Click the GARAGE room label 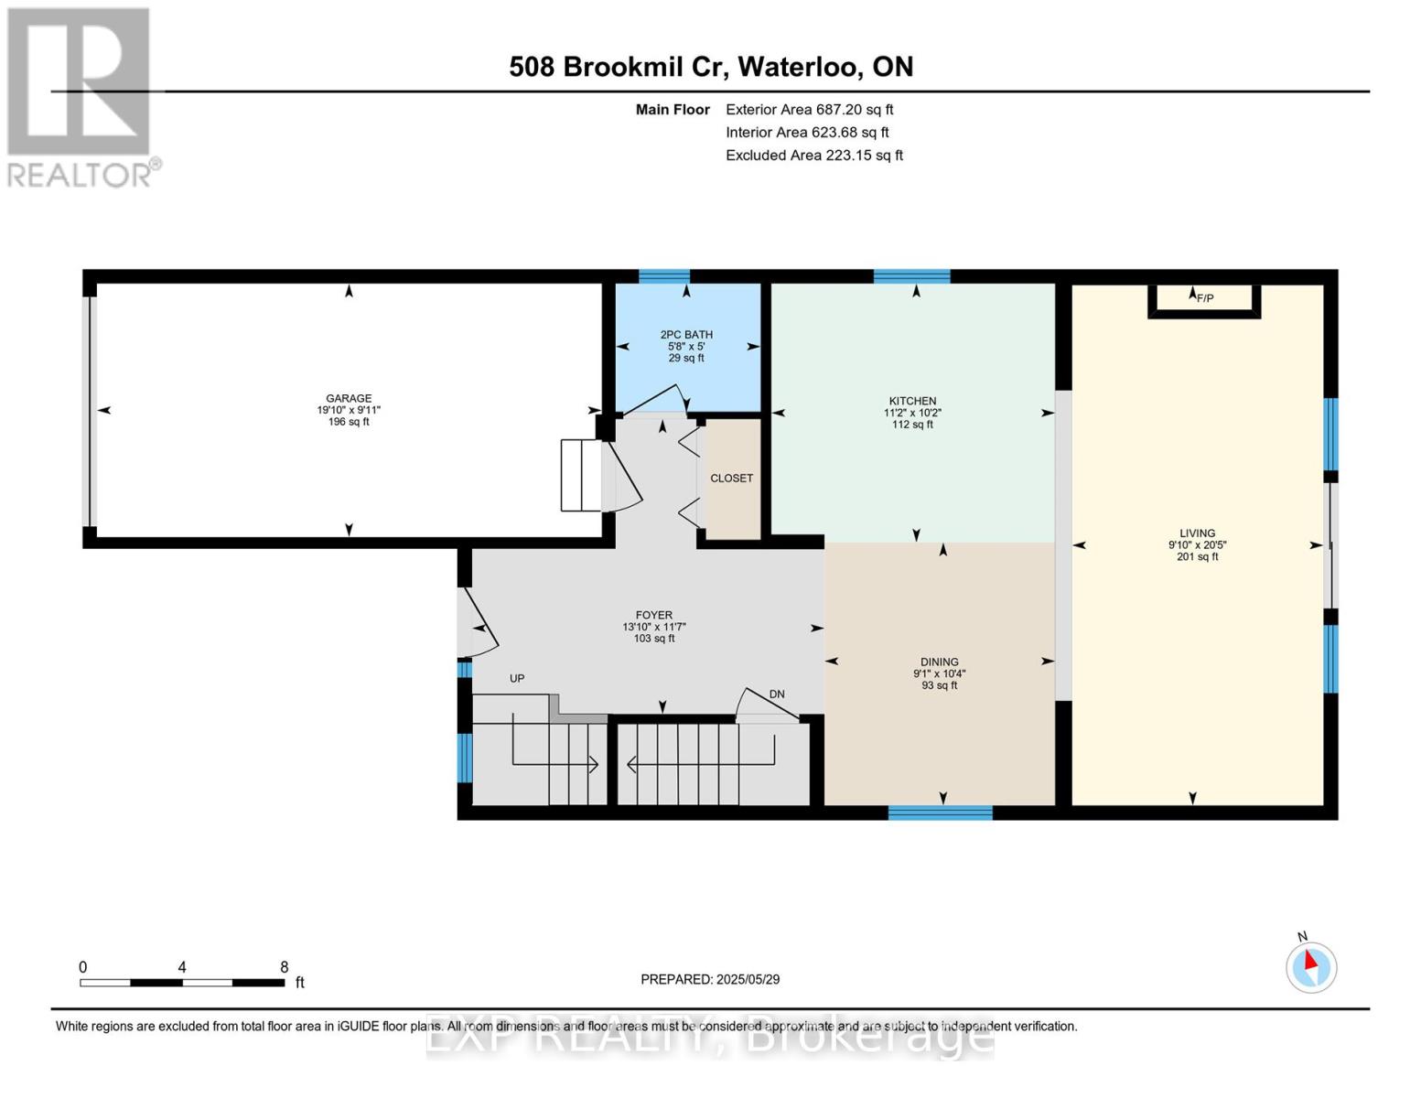(x=349, y=399)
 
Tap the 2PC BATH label (x=686, y=335)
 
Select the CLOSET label (x=731, y=479)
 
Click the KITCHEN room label (x=912, y=402)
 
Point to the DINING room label (x=939, y=662)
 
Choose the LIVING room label (x=1197, y=533)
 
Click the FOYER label (x=654, y=616)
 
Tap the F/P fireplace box (x=1204, y=299)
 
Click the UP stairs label (x=517, y=679)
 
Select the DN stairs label (x=777, y=694)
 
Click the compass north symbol (x=1311, y=966)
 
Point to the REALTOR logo (x=80, y=96)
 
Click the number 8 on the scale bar (x=285, y=967)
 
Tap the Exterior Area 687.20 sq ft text (x=809, y=110)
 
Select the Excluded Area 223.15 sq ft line (x=813, y=156)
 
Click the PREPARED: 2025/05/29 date (x=710, y=980)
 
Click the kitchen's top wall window (x=911, y=276)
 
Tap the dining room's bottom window (x=940, y=813)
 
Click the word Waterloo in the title (x=797, y=67)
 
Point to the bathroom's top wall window (x=663, y=276)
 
